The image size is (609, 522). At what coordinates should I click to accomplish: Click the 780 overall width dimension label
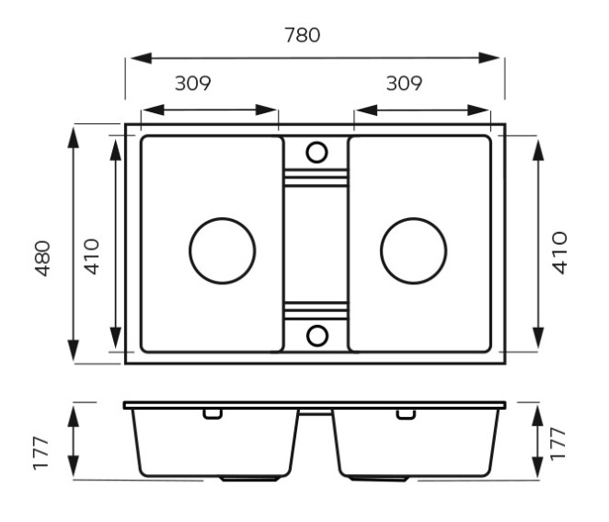(x=302, y=35)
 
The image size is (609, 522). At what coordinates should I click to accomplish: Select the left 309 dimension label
(x=192, y=83)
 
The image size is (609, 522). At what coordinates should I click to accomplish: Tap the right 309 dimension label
(x=404, y=83)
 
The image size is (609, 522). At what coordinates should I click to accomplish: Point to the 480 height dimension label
(x=42, y=259)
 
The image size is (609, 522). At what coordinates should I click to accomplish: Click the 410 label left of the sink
(x=92, y=257)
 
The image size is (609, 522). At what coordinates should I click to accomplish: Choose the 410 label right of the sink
(x=559, y=253)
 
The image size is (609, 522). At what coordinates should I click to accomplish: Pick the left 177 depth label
(x=41, y=454)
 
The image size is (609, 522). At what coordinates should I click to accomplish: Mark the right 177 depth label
(x=557, y=444)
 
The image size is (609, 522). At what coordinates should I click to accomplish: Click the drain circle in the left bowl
(x=223, y=250)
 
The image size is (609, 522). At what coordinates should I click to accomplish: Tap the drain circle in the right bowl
(x=414, y=250)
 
